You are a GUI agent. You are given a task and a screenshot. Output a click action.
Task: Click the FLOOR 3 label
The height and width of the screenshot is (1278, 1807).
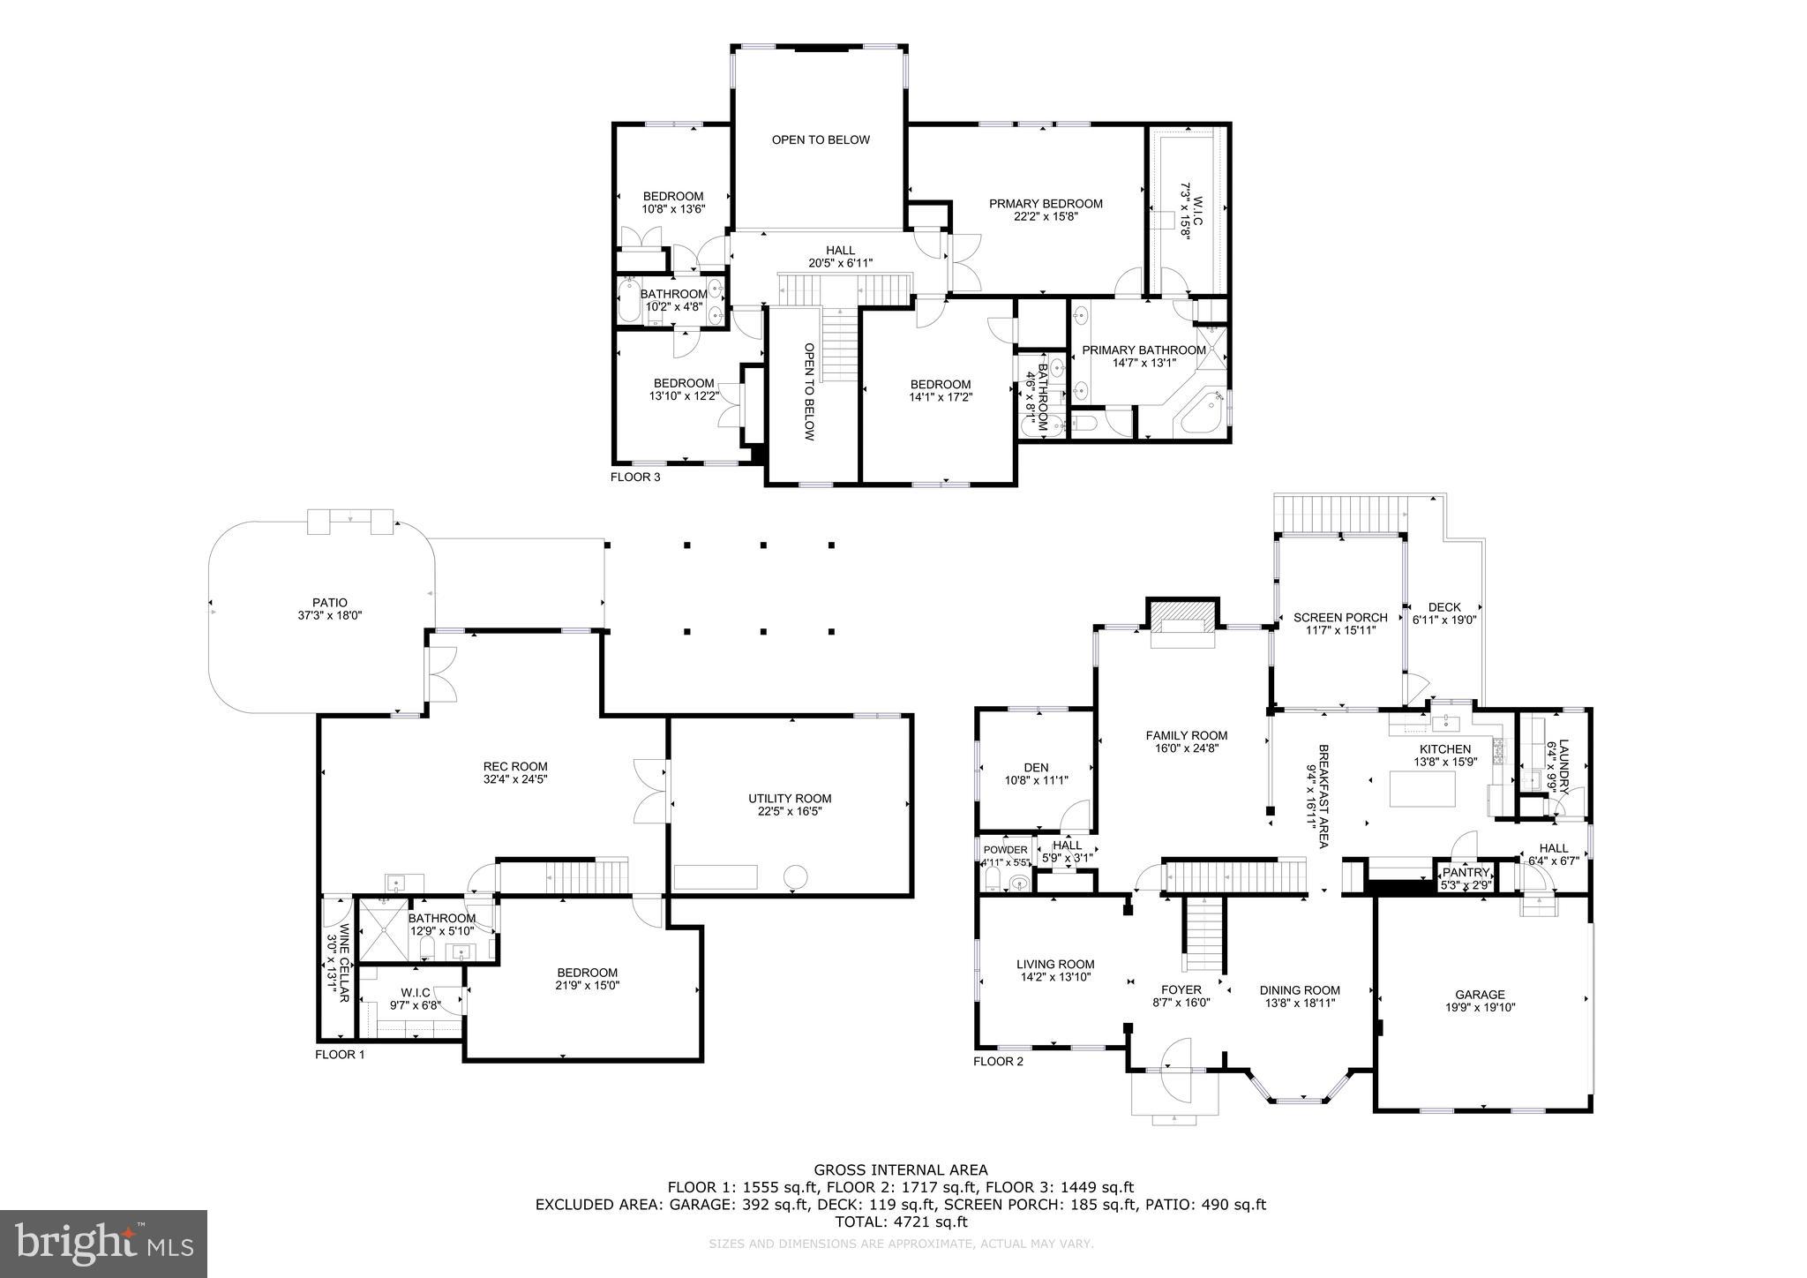634,477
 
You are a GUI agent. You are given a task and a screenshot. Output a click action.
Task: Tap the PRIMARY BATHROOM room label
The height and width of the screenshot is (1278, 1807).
1143,350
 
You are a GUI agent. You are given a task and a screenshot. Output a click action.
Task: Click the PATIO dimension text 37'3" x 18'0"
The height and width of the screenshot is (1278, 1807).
329,616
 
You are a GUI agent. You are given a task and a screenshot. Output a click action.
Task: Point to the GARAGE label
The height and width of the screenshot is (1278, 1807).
1480,995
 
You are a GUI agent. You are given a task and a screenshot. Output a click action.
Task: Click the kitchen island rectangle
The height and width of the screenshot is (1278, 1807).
1422,788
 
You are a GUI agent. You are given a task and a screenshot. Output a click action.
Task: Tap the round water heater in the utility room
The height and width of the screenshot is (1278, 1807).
796,876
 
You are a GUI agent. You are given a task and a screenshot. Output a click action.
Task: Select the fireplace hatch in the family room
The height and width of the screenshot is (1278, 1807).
1182,613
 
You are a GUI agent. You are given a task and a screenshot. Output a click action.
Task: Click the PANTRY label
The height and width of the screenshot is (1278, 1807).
1466,872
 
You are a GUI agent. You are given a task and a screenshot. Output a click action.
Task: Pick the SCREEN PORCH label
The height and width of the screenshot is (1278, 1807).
1339,618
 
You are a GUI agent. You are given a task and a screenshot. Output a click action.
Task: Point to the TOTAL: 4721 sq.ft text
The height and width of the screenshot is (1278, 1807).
901,1222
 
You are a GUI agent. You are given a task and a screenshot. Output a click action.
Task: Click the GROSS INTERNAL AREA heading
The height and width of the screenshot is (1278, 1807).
900,1171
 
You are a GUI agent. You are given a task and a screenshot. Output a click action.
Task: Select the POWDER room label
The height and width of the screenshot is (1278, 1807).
1005,850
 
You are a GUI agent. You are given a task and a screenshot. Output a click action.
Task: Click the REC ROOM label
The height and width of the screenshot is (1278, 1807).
515,767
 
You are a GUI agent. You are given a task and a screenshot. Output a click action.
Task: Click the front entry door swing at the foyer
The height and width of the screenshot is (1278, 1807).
1175,1056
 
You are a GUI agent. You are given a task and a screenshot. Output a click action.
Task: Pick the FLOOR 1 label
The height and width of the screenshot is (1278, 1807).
340,1055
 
